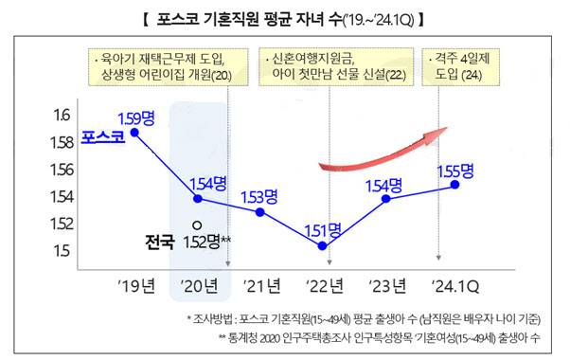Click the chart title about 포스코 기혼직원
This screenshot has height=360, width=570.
[284, 18]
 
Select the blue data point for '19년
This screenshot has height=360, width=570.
[134, 133]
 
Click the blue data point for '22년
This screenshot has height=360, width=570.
[323, 245]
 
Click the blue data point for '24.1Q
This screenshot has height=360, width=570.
[455, 185]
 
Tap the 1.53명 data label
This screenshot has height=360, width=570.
[258, 196]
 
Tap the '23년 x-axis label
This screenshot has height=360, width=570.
[386, 284]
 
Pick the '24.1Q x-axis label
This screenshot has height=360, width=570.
[457, 284]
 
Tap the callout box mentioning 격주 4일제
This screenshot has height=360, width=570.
[463, 65]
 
